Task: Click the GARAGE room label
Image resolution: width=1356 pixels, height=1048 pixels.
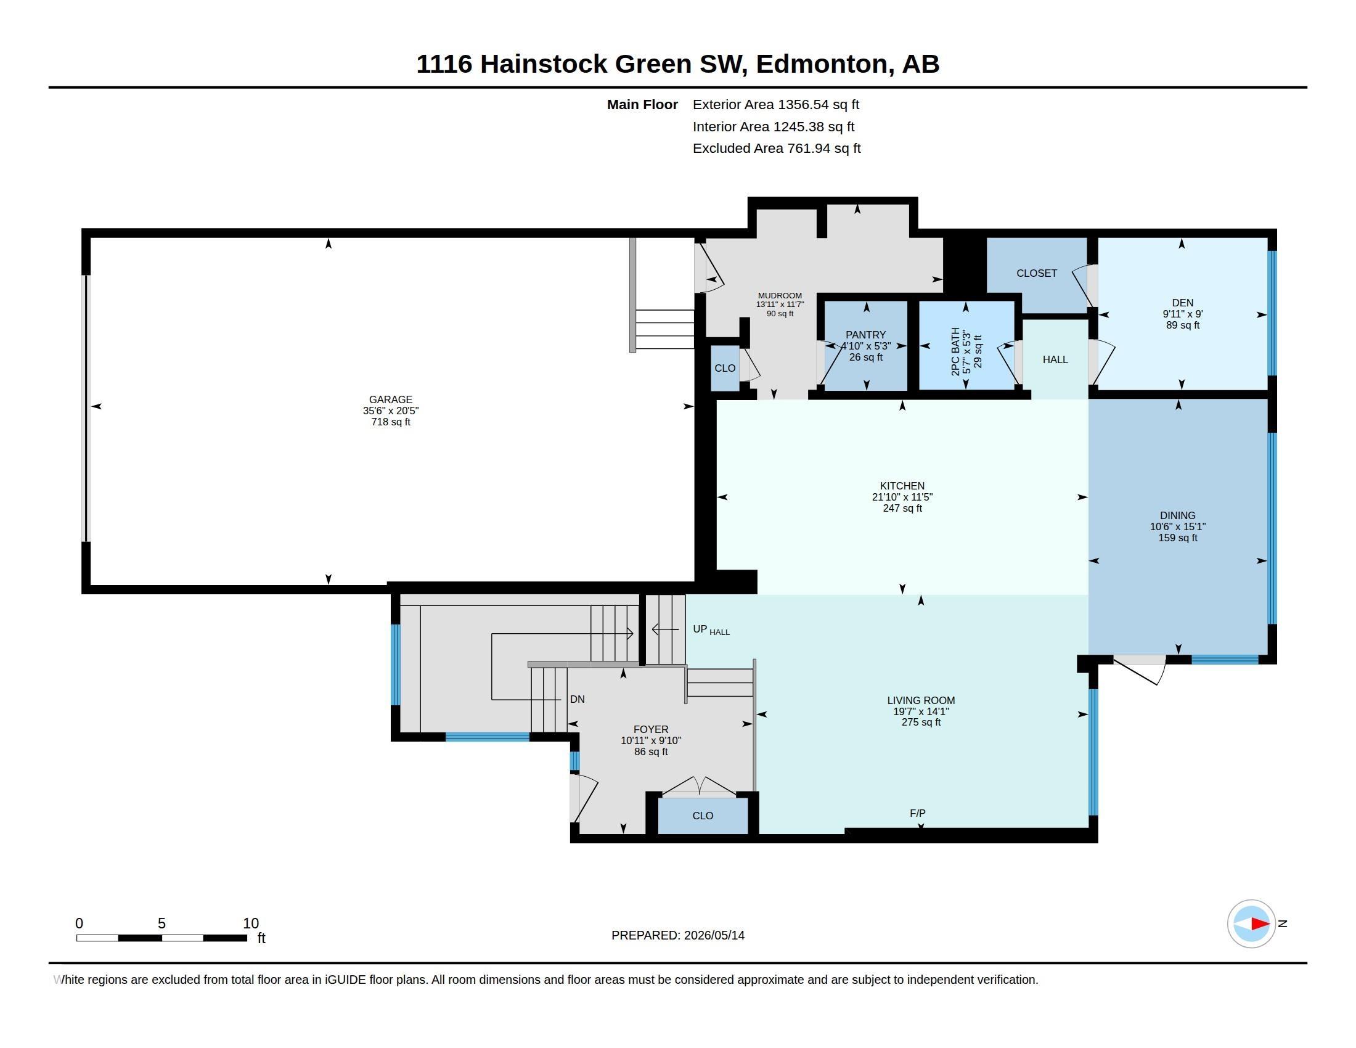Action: coord(391,400)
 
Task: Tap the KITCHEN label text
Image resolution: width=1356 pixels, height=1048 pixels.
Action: coord(902,486)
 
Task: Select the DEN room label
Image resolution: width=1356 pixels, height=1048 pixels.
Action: coord(1182,303)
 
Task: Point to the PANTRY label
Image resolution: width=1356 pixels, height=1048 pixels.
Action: coord(865,335)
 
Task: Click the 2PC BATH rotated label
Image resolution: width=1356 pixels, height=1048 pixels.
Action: coord(955,352)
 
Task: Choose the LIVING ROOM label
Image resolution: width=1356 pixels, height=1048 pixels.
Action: coord(921,700)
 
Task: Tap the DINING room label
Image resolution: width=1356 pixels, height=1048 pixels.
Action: coord(1177,515)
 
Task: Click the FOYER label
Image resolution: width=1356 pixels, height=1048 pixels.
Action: coord(651,729)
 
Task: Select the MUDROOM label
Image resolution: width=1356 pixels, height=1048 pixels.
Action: coord(780,295)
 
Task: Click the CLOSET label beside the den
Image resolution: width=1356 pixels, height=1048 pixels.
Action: coord(1036,273)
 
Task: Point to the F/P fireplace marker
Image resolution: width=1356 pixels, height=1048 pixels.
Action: coord(918,813)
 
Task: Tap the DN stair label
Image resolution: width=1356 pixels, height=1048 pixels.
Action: coord(578,699)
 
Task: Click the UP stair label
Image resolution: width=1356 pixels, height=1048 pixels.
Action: coord(700,629)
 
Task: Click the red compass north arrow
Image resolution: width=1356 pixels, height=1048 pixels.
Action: coord(1260,924)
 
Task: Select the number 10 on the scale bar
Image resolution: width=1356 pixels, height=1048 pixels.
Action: coord(251,923)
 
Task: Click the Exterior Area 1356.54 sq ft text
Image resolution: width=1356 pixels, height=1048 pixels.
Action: coord(775,105)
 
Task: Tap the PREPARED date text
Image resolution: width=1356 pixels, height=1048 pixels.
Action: coord(678,935)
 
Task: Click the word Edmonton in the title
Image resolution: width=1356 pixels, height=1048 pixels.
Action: coord(821,64)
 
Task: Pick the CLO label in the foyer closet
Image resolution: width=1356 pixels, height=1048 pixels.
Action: coord(703,816)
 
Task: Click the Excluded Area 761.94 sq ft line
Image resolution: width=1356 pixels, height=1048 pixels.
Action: coord(777,149)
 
